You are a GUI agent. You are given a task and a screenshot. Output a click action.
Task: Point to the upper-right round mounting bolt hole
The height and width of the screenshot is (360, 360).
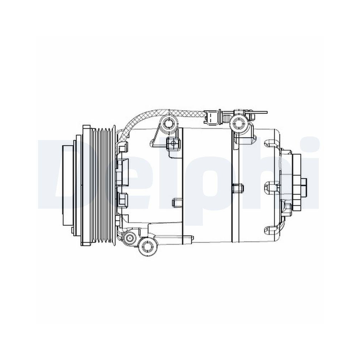pos(238,123)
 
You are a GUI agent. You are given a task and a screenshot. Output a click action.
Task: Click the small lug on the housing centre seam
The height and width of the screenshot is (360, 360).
pos(238,188)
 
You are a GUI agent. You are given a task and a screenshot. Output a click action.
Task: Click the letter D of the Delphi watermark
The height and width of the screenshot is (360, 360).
pos(58,173)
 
